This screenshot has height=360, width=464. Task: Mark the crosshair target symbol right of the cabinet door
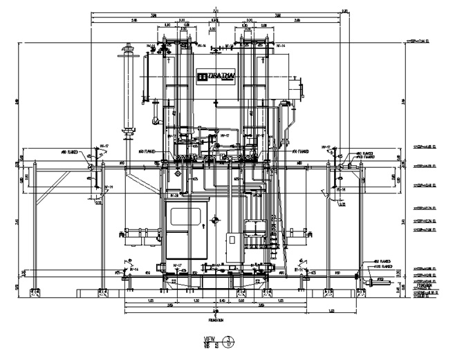point(216,220)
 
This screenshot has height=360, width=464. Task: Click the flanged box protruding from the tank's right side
point(299,88)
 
